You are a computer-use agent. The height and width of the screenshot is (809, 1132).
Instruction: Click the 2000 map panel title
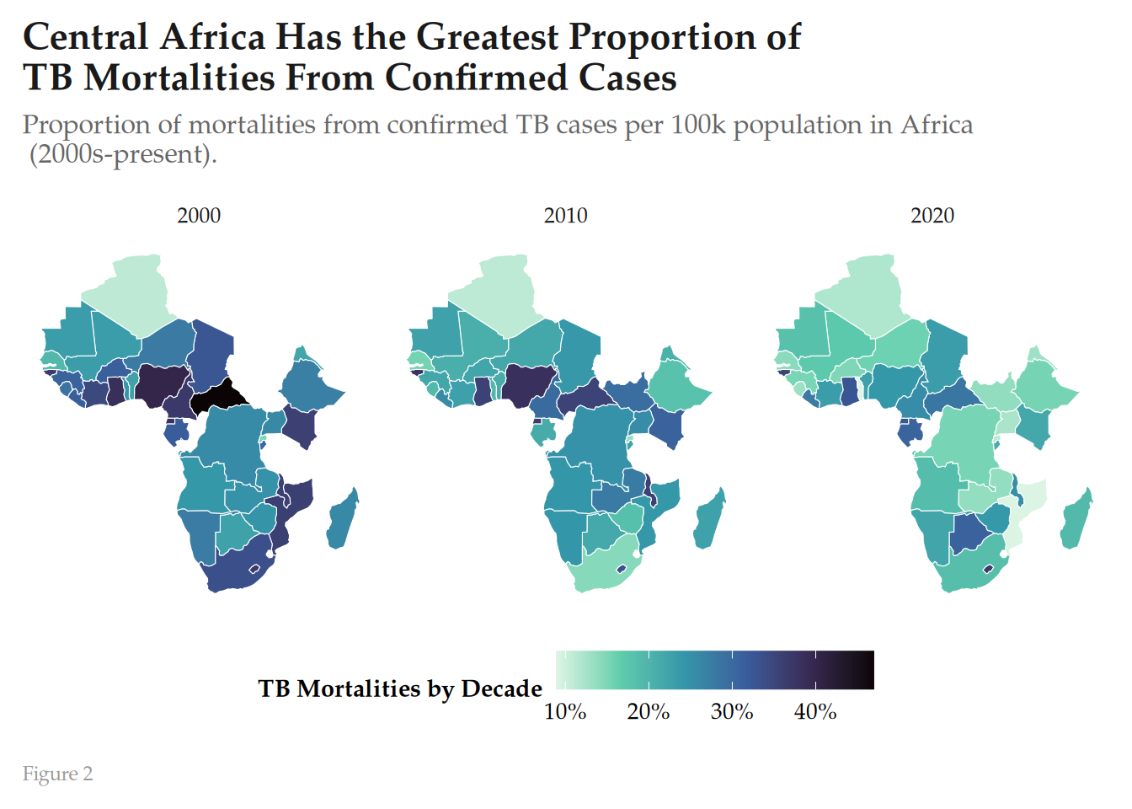199,216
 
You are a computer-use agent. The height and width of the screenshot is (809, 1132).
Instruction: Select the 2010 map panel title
565,216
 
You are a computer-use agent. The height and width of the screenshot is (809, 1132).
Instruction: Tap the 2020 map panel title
932,216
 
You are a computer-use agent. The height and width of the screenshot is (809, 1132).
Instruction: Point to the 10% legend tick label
565,712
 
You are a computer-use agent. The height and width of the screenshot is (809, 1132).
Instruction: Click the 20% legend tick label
649,712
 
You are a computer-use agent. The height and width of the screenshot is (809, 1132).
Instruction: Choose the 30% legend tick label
732,712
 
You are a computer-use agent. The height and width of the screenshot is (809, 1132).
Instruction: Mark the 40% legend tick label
815,712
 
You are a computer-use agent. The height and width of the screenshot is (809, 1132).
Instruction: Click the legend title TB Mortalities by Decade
400,689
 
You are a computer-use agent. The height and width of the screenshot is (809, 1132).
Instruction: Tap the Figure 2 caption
57,774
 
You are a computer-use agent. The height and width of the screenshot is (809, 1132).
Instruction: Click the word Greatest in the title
487,37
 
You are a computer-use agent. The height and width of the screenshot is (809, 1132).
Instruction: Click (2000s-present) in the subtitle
123,154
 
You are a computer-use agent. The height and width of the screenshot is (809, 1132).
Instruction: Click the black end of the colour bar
859,670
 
